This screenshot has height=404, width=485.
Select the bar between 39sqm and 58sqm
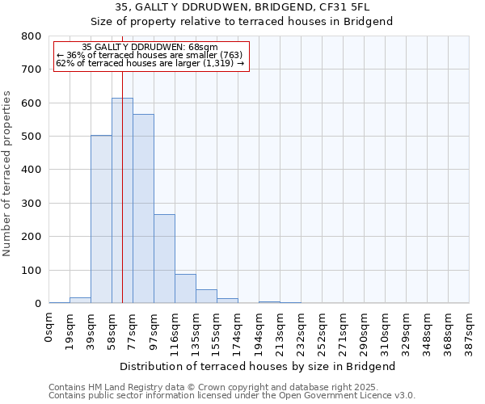click(x=101, y=219)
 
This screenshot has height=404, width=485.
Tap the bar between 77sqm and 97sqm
click(x=143, y=208)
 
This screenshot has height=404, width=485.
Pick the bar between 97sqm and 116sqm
click(x=164, y=259)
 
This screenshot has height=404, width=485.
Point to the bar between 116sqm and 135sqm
click(x=185, y=288)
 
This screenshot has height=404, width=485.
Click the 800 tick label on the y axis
click(x=32, y=36)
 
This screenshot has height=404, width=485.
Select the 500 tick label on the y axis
click(x=32, y=137)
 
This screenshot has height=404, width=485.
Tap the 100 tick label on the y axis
click(x=32, y=270)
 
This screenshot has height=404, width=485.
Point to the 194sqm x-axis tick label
click(x=259, y=329)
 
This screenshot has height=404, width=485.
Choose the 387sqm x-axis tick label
click(x=470, y=329)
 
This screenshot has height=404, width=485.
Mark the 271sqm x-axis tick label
click(x=344, y=329)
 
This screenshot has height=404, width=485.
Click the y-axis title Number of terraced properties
click(x=8, y=173)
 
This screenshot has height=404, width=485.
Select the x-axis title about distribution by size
click(x=259, y=366)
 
